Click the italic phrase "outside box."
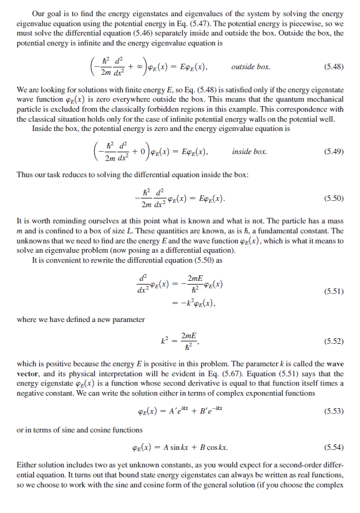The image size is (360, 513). coord(250,66)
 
